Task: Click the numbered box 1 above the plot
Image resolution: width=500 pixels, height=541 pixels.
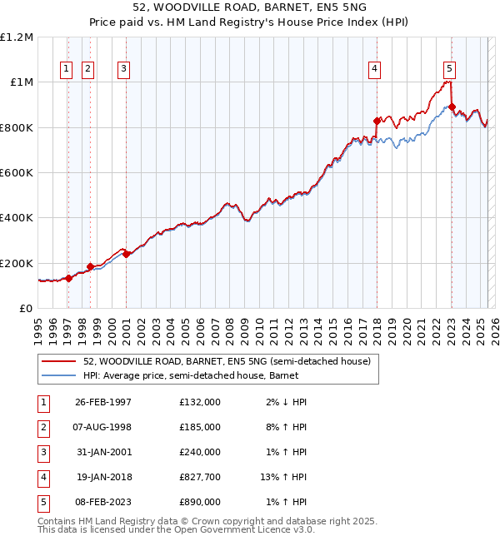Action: pyautogui.click(x=66, y=69)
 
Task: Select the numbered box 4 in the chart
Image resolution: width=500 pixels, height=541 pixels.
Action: pyautogui.click(x=375, y=69)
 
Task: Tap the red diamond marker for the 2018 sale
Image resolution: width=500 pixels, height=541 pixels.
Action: pyautogui.click(x=377, y=122)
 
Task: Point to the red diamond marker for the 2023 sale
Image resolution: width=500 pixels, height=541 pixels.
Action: pyautogui.click(x=452, y=107)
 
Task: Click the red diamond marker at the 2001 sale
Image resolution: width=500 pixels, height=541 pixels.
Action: pyautogui.click(x=127, y=255)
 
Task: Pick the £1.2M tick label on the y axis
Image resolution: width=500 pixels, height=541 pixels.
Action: pyautogui.click(x=17, y=37)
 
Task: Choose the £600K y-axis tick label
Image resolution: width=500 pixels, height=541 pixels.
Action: pyautogui.click(x=17, y=173)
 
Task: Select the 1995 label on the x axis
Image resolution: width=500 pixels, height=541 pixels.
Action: pyautogui.click(x=37, y=329)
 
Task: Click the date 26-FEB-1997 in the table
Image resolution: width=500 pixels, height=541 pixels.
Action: pyautogui.click(x=103, y=402)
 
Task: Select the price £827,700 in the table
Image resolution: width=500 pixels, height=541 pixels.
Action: pyautogui.click(x=199, y=477)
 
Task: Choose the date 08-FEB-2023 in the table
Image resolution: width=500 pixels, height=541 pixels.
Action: pyautogui.click(x=103, y=502)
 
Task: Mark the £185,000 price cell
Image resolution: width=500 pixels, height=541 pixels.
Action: pyautogui.click(x=199, y=427)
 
